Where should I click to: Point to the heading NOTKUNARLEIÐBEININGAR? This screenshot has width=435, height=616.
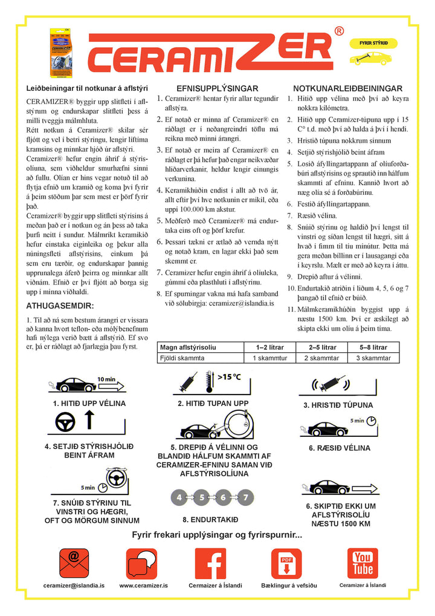[x=338, y=88]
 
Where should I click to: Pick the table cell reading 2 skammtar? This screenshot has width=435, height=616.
[x=322, y=358]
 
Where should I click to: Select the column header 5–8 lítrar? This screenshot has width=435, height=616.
[x=373, y=347]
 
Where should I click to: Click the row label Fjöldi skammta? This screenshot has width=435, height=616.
[x=182, y=358]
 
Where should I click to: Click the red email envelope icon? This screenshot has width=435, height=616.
[x=74, y=563]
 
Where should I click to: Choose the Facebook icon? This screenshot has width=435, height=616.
[x=215, y=563]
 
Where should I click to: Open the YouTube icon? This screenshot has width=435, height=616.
[x=362, y=563]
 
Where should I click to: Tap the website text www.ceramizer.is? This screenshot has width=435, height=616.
[x=143, y=586]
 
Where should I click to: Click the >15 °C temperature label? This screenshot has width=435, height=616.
[x=228, y=377]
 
